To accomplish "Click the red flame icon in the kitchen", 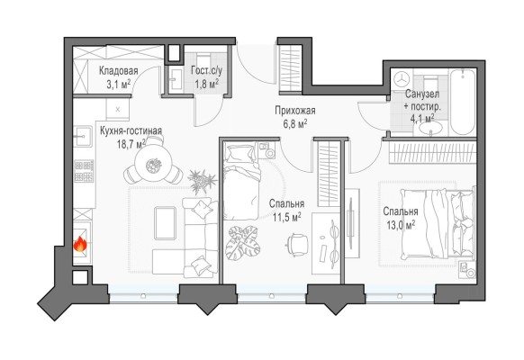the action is pos(80,244).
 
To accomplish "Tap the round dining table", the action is pos(153,165).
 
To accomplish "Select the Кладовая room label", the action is pos(118,71).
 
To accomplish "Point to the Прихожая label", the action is pos(295,110).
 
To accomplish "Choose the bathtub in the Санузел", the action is pos(463,102).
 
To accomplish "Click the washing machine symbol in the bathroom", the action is pos(402,79).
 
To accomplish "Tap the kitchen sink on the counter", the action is pos(83,136).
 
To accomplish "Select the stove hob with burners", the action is pos(84,171).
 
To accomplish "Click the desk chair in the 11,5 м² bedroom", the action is pos(297,245).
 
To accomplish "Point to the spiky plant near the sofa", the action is pos(202,181).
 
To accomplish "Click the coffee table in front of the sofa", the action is pos(165,223).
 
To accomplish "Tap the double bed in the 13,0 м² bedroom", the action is pos(437,224).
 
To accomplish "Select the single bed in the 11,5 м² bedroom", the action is pos(242,181).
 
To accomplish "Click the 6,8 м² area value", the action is pos(295,124).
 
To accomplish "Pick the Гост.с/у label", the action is pos(206,70).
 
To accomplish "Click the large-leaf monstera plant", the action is pos(243,243).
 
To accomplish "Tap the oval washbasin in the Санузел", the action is pos(430,127).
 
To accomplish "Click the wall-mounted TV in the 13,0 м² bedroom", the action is pos(350,223).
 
